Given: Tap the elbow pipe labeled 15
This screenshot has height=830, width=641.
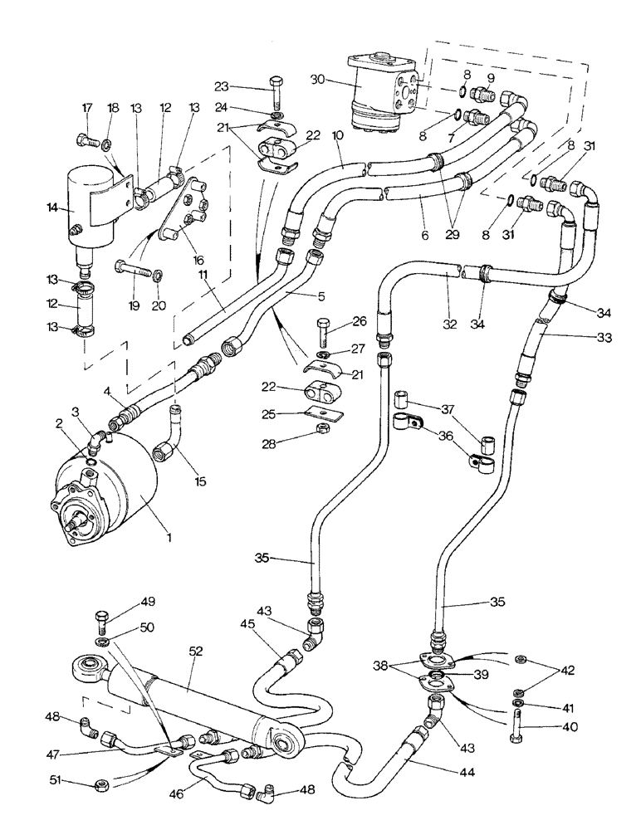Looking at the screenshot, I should point(166,432).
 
